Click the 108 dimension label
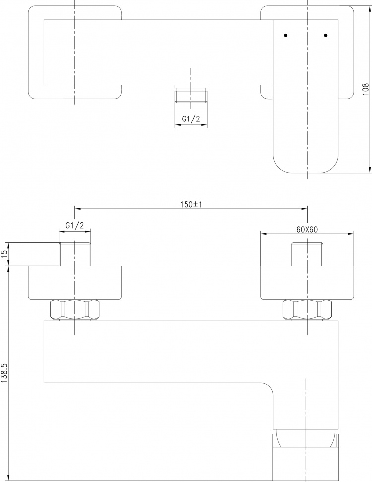pos(365,89)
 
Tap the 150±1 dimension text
pos(191,204)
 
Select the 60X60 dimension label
pos(307,229)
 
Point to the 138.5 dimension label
pos(4,373)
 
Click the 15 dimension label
pos(4,254)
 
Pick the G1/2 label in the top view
pos(191,119)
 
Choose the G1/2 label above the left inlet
pos(75,225)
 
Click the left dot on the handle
pos(286,35)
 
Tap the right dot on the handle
pos(326,35)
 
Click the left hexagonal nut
pos(75,309)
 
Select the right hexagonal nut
pos(307,309)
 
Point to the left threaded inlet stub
pos(75,254)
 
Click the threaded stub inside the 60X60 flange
pos(307,254)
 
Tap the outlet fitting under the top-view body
pos(191,93)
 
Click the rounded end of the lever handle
pos(306,163)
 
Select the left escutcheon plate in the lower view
pos(75,283)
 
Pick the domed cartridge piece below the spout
pos(306,438)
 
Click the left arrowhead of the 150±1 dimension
pos(78,209)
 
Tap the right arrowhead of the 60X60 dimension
pos(351,234)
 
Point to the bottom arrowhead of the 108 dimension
pos(369,170)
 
